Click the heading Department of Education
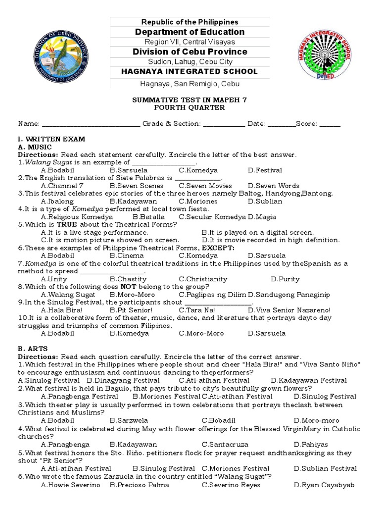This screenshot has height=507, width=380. [190, 32]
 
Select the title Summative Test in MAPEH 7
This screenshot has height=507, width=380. [190, 100]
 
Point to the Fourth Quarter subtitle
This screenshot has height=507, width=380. [190, 107]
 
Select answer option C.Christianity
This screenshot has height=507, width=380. [203, 279]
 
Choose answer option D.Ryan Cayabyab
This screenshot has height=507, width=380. [324, 485]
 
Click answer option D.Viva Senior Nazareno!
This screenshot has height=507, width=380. [289, 310]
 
